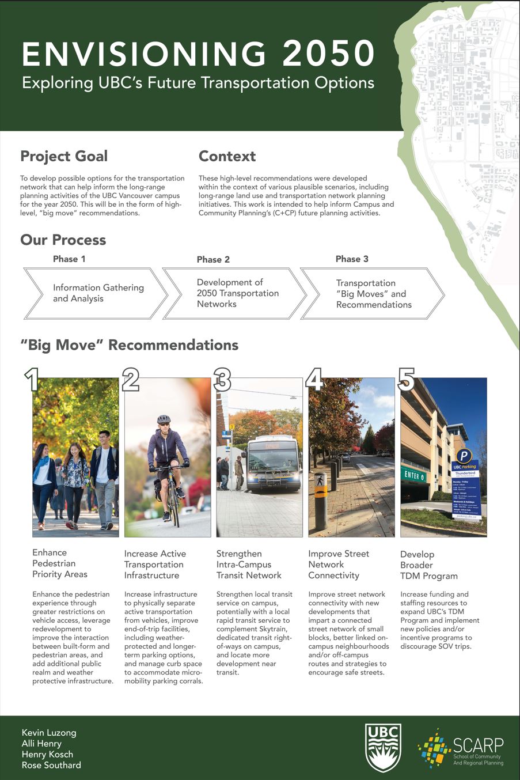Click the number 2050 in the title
tap(329, 54)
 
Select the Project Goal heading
tap(64, 156)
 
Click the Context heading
tap(227, 156)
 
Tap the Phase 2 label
tap(213, 259)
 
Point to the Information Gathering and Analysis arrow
tap(95, 293)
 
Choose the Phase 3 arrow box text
tap(374, 294)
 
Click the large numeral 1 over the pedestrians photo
tap(32, 380)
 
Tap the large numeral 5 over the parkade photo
tap(406, 380)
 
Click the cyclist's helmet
tap(164, 419)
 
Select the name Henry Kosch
tap(47, 754)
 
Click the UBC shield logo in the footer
tap(383, 748)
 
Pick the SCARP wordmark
tap(478, 745)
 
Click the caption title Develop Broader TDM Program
tap(429, 565)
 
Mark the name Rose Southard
tap(51, 765)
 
